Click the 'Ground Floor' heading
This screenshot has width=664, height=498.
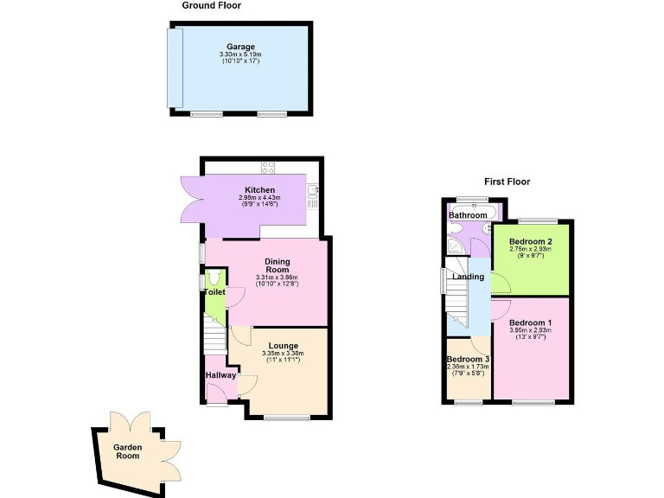[x=211, y=6]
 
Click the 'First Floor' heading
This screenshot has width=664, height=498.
[x=507, y=182]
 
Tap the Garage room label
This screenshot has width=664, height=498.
[x=240, y=46]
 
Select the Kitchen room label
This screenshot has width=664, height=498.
[x=259, y=190]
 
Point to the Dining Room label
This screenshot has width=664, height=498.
[x=277, y=265]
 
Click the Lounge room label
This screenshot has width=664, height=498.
[x=283, y=346]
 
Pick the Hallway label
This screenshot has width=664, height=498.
[x=220, y=375]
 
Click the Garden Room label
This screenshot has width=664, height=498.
[x=128, y=451]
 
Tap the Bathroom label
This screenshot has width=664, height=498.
[x=467, y=215]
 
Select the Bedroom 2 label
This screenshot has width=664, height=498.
[x=530, y=241]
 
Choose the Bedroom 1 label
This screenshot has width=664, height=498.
[x=530, y=322]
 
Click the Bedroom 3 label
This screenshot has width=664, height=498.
[x=468, y=359]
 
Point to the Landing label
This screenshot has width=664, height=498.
[x=468, y=277]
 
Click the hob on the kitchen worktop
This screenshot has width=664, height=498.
[x=268, y=168]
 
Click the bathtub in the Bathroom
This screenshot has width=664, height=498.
[x=474, y=210]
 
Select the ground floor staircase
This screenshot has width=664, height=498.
[x=213, y=333]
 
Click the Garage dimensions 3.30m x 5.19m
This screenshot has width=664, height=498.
[x=240, y=54]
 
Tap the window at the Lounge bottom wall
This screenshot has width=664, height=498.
[x=287, y=418]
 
